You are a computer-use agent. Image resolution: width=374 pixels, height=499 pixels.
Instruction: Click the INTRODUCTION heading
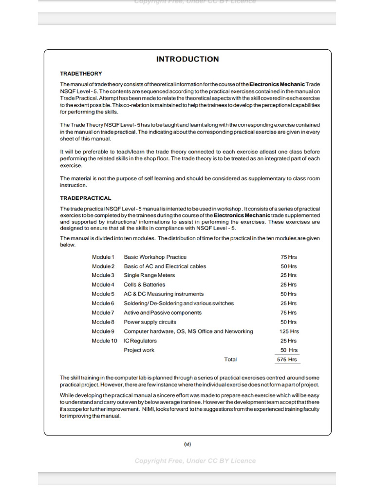click(187, 59)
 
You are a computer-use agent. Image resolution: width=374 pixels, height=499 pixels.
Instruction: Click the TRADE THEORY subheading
click(81, 74)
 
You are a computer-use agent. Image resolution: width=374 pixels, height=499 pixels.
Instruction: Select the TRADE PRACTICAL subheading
click(85, 198)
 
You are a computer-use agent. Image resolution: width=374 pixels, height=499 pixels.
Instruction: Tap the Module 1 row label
click(103, 257)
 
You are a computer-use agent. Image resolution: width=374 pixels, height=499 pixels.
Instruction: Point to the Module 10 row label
click(104, 341)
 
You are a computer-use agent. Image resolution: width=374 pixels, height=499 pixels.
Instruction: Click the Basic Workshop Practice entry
click(155, 257)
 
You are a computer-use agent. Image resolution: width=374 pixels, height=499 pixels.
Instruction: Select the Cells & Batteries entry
click(145, 285)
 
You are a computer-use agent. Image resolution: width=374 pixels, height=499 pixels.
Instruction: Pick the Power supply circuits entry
click(150, 322)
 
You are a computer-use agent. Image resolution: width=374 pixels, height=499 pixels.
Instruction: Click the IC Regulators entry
click(140, 341)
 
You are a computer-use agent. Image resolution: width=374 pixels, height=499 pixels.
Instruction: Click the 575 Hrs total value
click(286, 360)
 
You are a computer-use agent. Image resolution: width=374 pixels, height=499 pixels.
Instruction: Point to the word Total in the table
click(230, 360)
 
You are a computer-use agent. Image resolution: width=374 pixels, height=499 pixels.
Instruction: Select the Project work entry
click(139, 350)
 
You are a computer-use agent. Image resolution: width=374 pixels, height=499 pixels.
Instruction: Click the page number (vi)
click(187, 443)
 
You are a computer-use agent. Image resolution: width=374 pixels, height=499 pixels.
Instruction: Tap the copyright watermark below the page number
click(195, 461)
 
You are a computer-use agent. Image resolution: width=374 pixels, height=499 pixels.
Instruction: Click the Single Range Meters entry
click(149, 275)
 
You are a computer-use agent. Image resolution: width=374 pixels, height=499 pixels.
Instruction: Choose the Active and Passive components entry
click(162, 313)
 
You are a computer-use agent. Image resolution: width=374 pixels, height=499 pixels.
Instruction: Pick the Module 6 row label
click(103, 303)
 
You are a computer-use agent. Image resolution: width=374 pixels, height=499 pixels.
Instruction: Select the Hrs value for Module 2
click(288, 266)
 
